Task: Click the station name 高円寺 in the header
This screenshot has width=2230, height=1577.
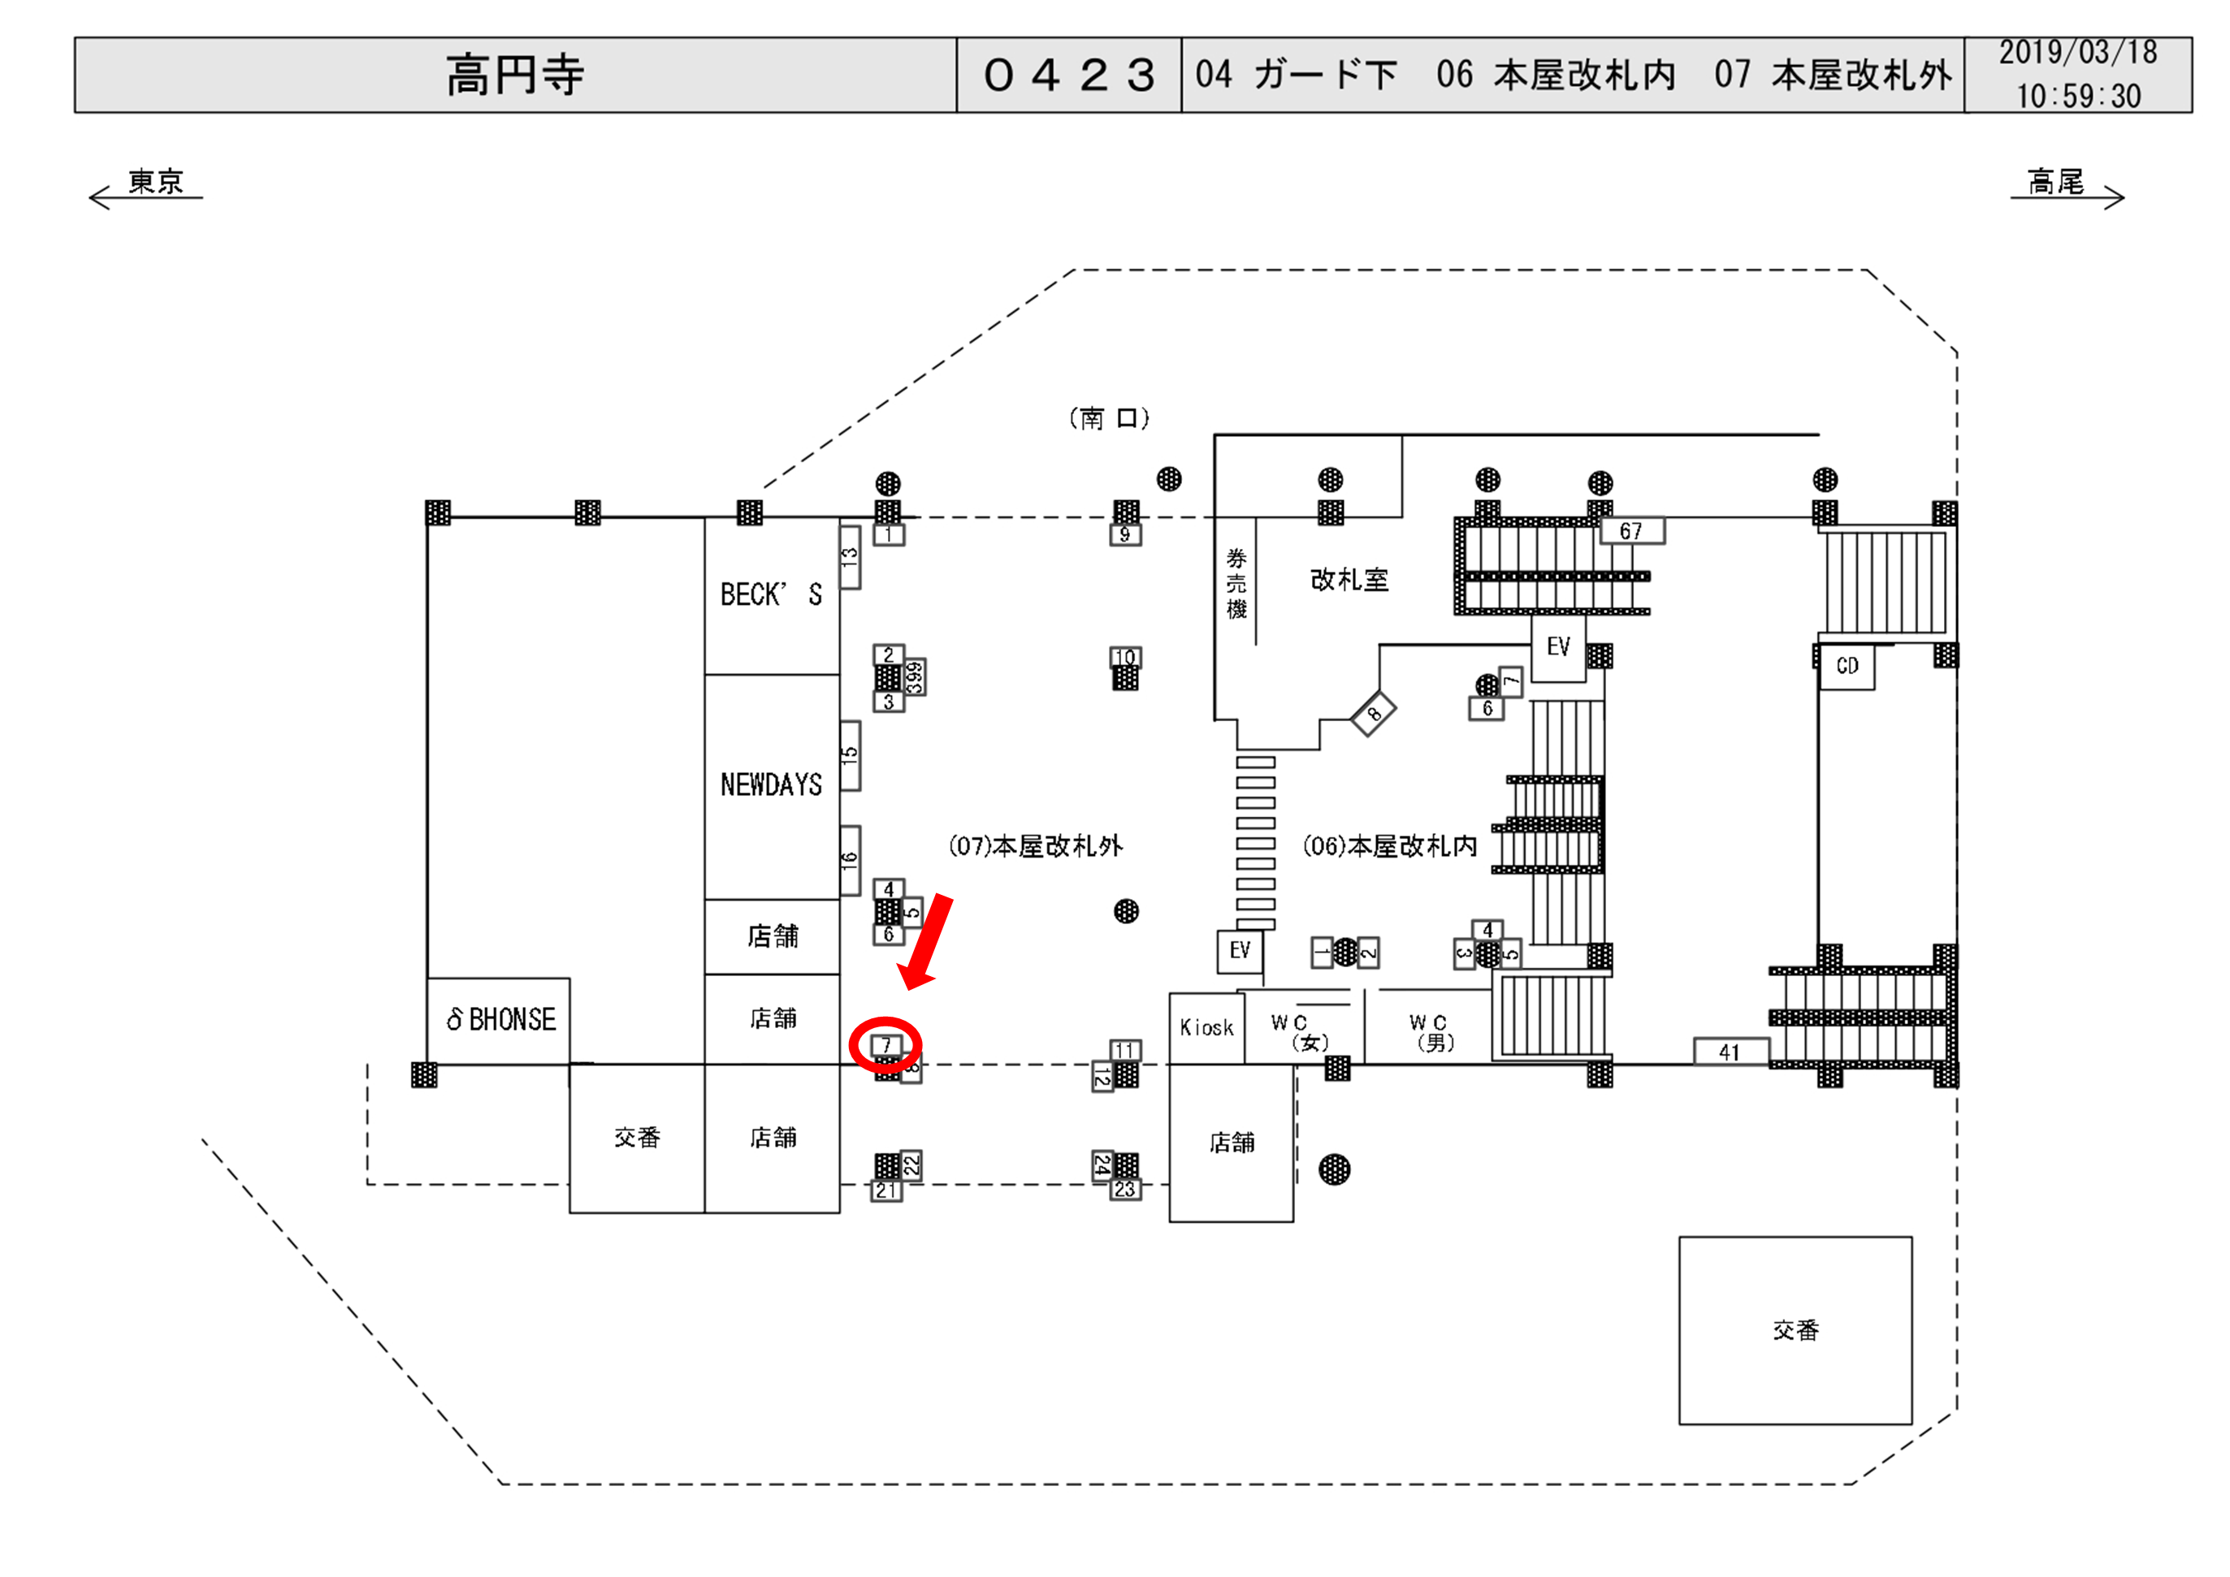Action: (515, 75)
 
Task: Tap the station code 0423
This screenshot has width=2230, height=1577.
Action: (1068, 75)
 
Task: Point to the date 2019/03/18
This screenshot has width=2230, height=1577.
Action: (2077, 53)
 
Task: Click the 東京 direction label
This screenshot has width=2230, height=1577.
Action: (155, 182)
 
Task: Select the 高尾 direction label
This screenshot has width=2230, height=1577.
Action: (2055, 182)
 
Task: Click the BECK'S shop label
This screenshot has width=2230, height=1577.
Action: (771, 594)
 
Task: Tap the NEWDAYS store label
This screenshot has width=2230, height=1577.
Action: (771, 784)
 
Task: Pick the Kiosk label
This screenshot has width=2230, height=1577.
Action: (1206, 1027)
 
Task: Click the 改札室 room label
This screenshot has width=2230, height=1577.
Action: (1349, 580)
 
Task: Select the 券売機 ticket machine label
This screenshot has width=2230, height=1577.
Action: (1236, 582)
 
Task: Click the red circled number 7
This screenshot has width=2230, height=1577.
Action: (886, 1045)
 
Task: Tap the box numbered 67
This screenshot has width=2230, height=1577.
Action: (1630, 531)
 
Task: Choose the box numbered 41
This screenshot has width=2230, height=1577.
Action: (1729, 1052)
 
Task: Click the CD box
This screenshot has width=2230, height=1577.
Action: (1847, 666)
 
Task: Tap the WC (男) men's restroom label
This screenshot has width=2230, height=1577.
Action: (1431, 1032)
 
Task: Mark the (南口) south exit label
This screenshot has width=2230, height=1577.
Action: (1109, 418)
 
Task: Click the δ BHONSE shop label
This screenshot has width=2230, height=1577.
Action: (500, 1020)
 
